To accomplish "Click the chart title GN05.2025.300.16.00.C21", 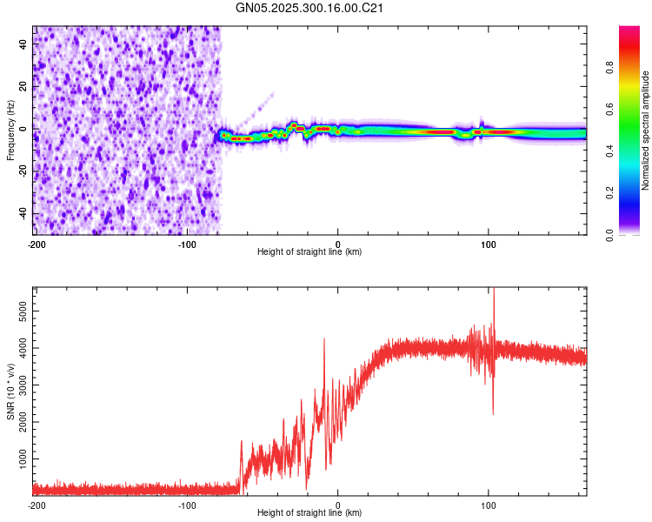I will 310,8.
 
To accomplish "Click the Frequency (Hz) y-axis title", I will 10,130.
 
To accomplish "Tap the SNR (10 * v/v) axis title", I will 10,391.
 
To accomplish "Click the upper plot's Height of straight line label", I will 309,251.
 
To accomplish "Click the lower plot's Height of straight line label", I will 309,512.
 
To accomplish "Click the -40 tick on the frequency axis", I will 22,213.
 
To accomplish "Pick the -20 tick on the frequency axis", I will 22,171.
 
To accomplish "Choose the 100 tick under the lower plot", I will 489,504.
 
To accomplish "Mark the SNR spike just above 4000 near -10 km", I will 324,339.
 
